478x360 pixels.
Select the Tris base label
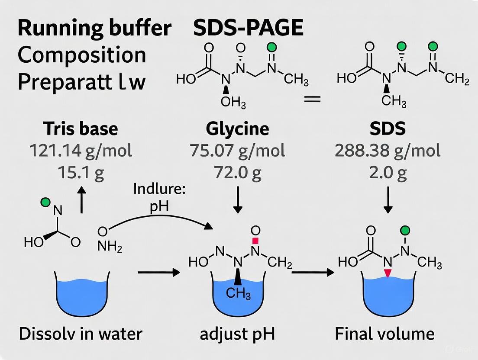(81, 129)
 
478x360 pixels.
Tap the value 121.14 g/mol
(81, 151)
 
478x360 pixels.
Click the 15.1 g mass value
(81, 173)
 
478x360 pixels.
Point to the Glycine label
(237, 129)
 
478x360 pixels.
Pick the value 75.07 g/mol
(237, 151)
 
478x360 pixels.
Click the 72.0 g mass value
(237, 173)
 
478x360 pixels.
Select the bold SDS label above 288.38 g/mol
(388, 129)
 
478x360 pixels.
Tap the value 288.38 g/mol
(388, 151)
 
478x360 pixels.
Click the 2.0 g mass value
(388, 173)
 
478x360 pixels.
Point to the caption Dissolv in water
(81, 334)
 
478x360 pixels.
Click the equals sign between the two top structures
(312, 100)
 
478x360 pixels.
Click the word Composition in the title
(81, 55)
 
